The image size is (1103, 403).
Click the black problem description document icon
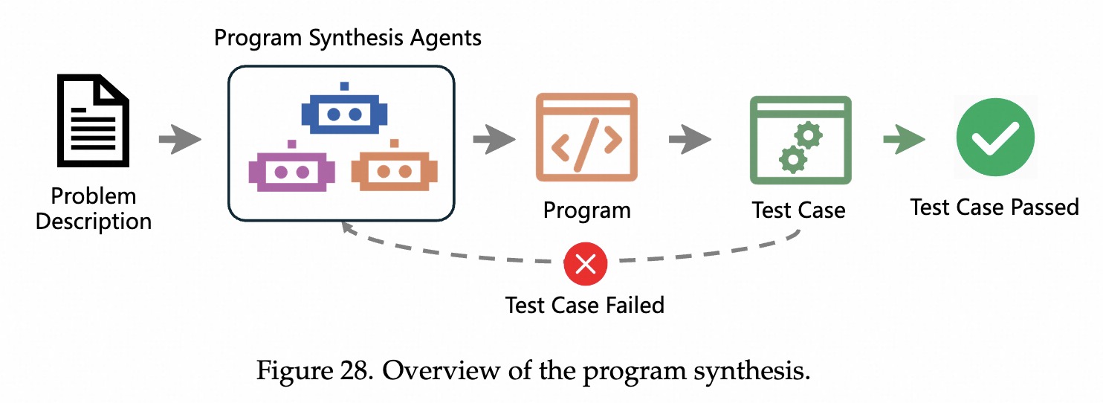pos(93,122)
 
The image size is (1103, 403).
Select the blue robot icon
pos(344,113)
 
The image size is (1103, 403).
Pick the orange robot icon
pos(394,169)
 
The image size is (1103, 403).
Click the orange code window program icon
pos(586,138)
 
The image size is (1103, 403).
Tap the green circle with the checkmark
pos(994,137)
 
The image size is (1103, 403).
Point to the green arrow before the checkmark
pos(903,139)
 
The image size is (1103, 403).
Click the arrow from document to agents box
pos(180,139)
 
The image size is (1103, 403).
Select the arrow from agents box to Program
pos(494,139)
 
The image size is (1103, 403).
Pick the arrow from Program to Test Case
pos(689,139)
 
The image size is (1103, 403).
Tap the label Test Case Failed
pos(585,305)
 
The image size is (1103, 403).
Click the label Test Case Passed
pos(994,207)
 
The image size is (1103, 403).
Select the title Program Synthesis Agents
pos(348,38)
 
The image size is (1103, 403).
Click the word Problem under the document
pos(94,196)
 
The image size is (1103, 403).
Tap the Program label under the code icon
pos(586,210)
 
